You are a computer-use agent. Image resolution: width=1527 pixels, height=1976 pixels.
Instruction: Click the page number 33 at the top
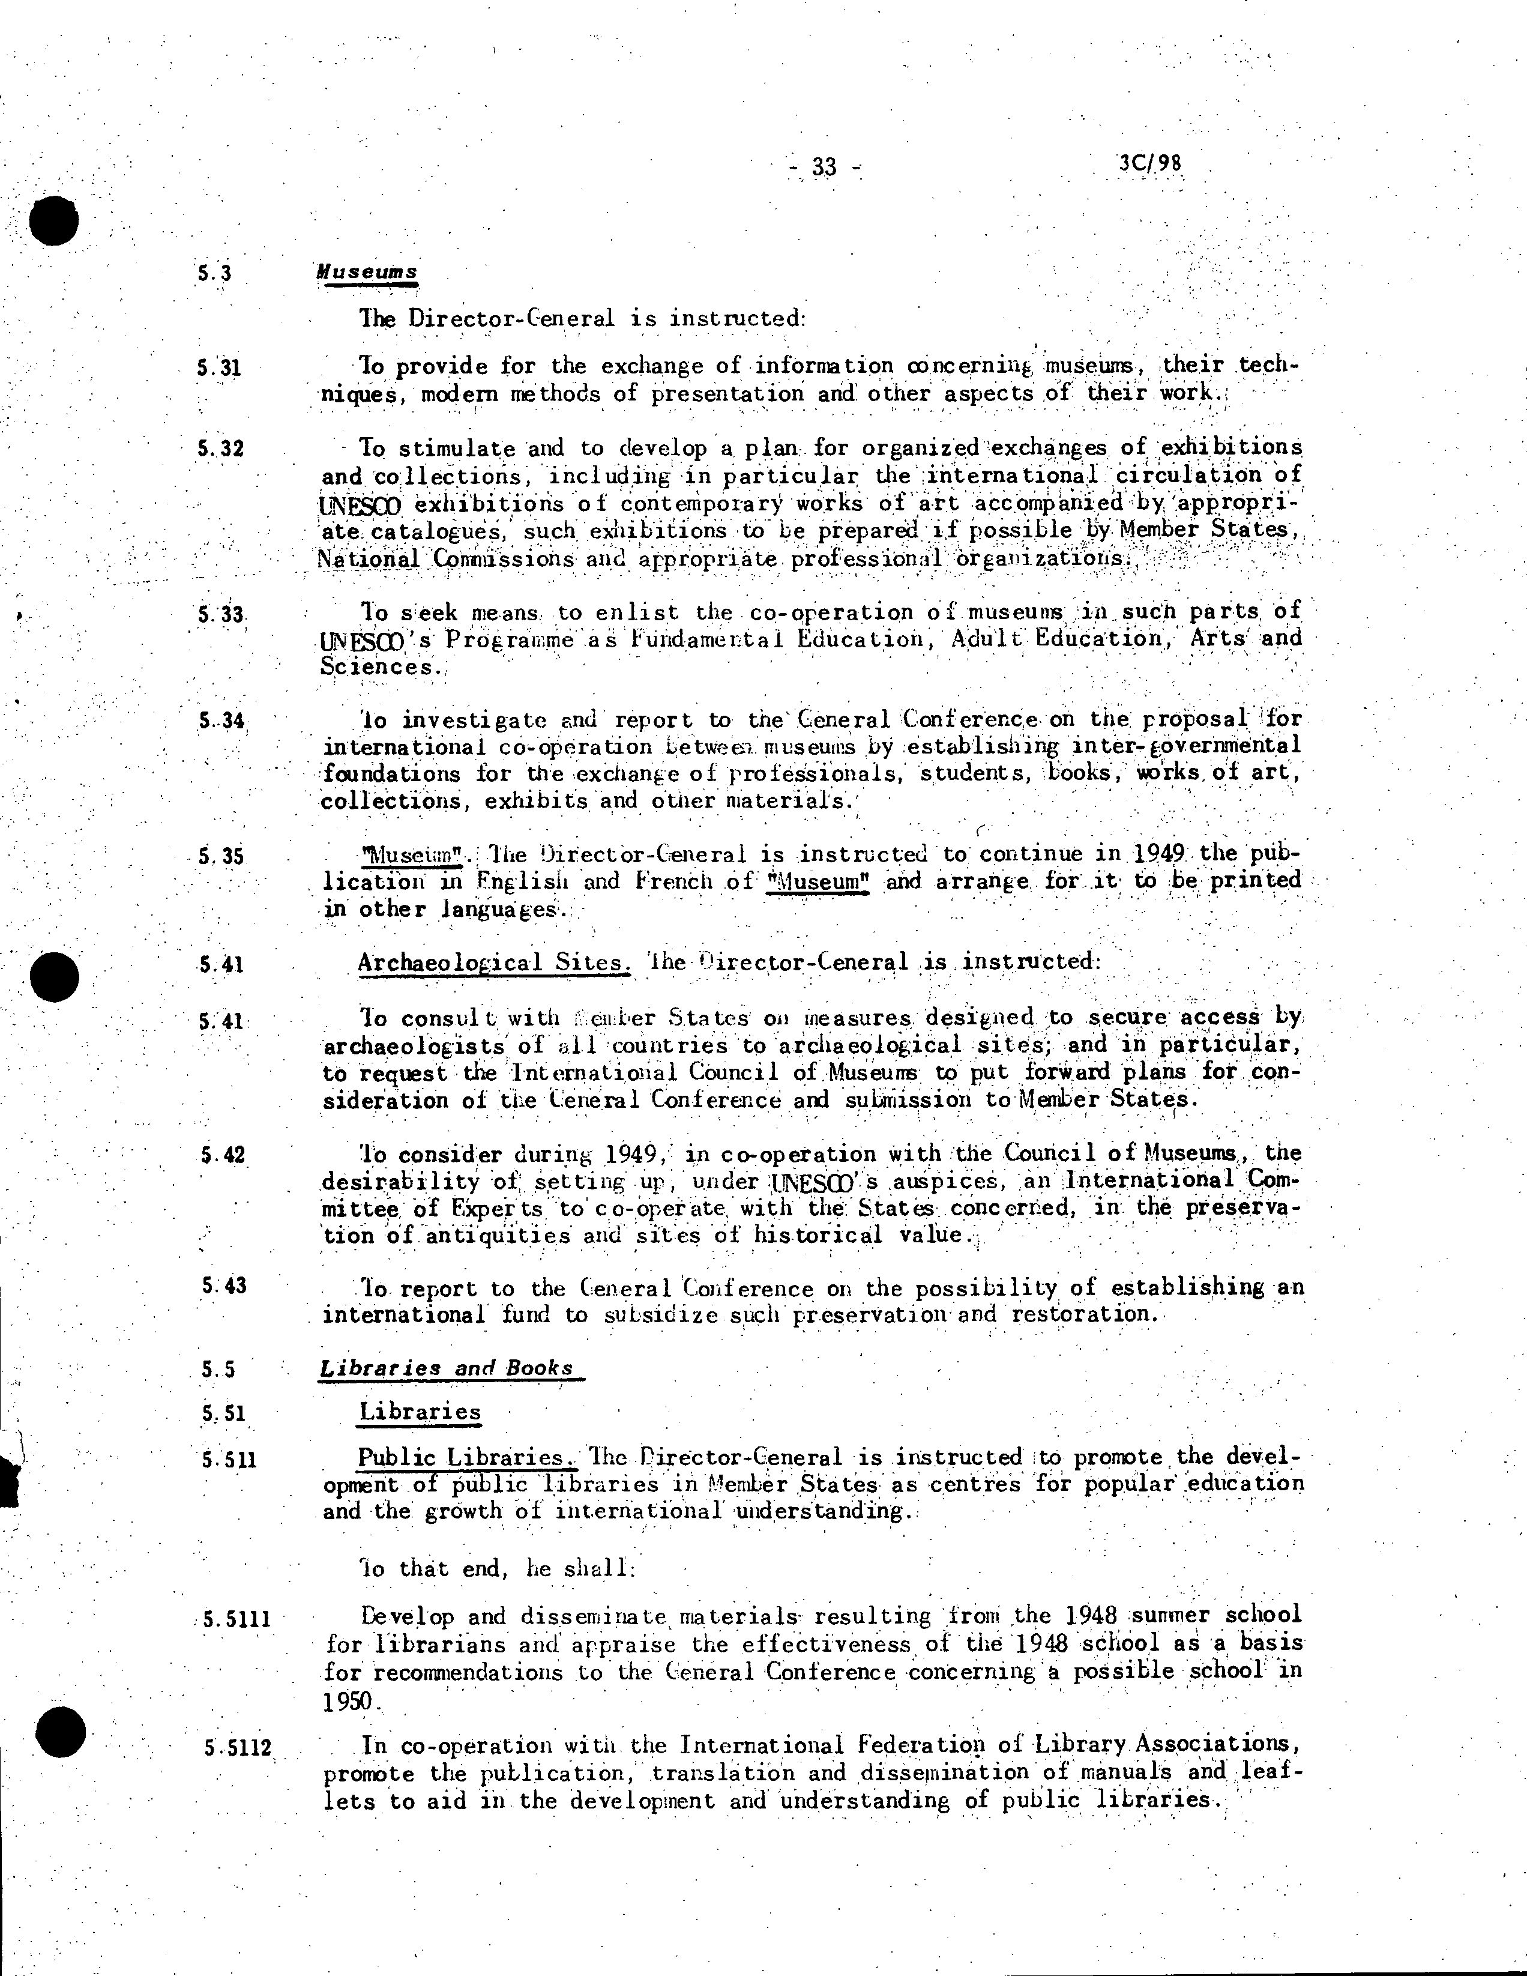pos(824,166)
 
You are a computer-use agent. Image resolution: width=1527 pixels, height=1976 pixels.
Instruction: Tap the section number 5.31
pos(219,367)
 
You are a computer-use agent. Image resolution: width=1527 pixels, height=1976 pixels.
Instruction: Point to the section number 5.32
pos(221,447)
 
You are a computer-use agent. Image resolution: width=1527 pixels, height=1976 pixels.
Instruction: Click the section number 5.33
pos(221,614)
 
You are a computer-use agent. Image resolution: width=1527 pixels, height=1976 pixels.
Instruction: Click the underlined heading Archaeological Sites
pos(493,962)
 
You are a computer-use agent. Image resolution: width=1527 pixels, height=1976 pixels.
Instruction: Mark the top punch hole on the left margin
pos(53,220)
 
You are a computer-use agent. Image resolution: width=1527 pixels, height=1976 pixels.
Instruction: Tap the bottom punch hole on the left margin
pos(59,1732)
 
